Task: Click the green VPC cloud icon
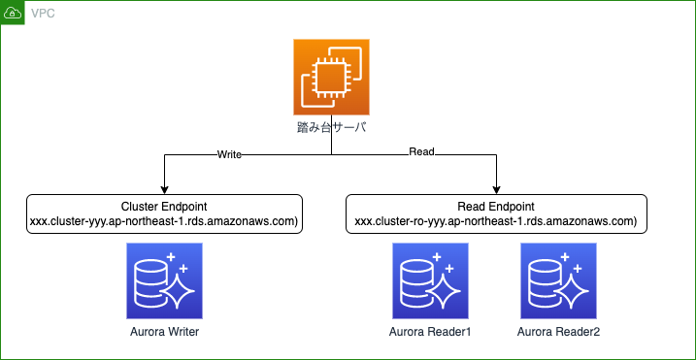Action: (x=13, y=13)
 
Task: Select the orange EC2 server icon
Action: (x=332, y=78)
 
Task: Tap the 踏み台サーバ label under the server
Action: (x=332, y=128)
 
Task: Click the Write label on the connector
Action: (x=229, y=153)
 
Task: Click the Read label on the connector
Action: (x=421, y=152)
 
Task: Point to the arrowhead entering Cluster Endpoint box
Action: (x=165, y=189)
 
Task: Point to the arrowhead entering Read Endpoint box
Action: (x=496, y=189)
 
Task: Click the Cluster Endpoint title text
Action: (x=165, y=207)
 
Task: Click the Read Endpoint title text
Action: (x=496, y=207)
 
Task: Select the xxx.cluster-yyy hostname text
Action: (x=165, y=221)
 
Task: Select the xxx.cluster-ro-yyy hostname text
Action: (x=496, y=221)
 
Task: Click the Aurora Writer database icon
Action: (x=164, y=281)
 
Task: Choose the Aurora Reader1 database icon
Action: (x=430, y=281)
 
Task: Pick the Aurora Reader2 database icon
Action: (x=558, y=281)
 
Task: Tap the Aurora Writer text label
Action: (x=164, y=333)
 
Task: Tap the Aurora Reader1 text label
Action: (x=430, y=333)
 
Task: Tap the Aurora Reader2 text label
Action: (x=558, y=333)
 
